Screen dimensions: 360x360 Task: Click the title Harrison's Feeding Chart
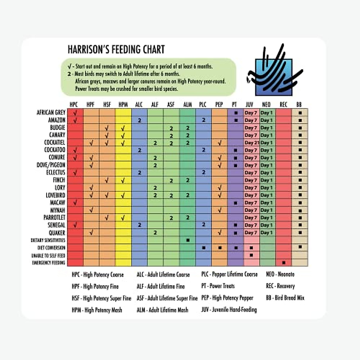coord(116,49)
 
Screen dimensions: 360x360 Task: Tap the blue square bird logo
coord(274,76)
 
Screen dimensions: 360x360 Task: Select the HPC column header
coord(73,104)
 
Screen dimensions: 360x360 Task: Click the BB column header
coord(299,104)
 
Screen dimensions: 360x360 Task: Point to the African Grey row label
coord(51,112)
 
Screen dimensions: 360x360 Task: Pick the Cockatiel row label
coord(55,142)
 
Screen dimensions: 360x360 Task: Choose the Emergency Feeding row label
coord(49,263)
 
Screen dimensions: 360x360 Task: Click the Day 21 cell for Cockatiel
coord(251,143)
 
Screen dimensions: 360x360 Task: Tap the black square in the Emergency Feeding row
coord(284,263)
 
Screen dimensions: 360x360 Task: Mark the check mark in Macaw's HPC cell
coord(75,203)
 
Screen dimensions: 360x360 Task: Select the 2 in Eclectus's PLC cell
coord(203,172)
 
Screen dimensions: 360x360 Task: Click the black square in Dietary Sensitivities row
coord(188,240)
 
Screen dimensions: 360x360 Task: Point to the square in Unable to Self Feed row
coord(251,255)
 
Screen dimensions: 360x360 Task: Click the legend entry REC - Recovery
coord(280,286)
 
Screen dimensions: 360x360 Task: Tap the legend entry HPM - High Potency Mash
coord(97,310)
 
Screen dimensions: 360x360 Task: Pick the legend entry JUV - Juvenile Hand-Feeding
coord(229,309)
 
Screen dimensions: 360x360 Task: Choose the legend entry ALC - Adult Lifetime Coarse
coord(163,274)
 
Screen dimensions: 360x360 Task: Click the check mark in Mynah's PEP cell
coord(220,210)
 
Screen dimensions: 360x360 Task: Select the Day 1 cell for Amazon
coord(266,120)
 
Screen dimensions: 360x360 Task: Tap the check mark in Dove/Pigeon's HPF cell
coord(91,165)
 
